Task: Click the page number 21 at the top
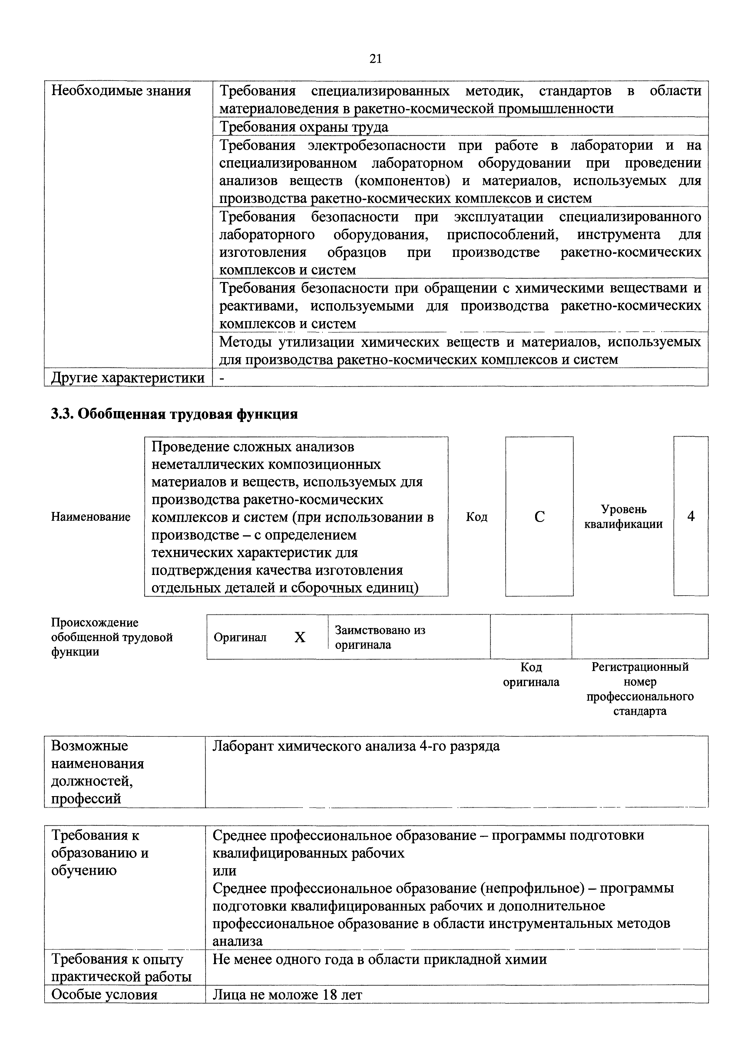tap(375, 59)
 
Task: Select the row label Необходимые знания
tap(121, 91)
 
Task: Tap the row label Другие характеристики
tap(128, 378)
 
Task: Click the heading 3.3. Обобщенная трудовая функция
tap(174, 414)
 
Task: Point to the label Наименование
tap(91, 517)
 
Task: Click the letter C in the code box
tap(539, 517)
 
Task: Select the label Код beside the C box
tap(477, 517)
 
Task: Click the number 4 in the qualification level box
tap(691, 516)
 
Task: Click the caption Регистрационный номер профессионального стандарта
tap(640, 689)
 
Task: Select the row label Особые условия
tap(104, 995)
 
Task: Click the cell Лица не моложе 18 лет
tap(287, 995)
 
